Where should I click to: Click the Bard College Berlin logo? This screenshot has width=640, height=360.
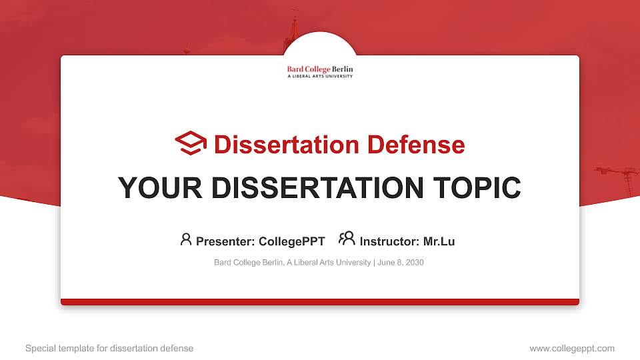(320, 71)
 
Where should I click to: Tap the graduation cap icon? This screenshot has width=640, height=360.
(191, 143)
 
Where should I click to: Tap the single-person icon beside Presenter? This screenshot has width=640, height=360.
(186, 239)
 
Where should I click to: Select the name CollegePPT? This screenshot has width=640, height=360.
(291, 241)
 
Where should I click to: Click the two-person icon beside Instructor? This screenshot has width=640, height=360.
(347, 239)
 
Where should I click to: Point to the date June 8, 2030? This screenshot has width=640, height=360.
(401, 263)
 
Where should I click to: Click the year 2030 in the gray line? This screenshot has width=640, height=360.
(414, 263)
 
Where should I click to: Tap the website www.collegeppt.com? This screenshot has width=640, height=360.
(572, 348)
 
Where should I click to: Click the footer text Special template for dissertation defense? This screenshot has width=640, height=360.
(109, 348)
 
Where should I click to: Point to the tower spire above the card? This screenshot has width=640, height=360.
(293, 30)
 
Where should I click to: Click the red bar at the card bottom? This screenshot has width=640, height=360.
(320, 302)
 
